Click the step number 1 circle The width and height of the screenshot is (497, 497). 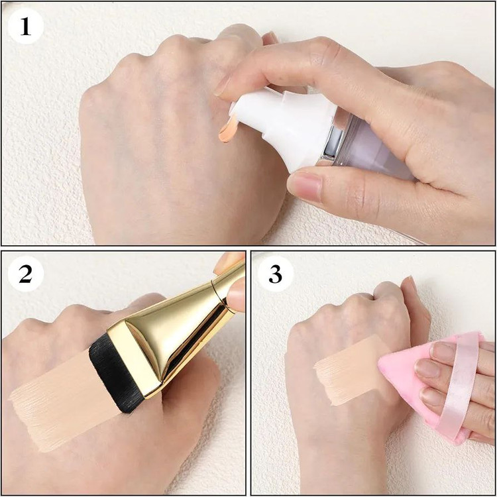pos(25,27)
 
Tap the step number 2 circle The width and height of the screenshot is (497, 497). pos(25,274)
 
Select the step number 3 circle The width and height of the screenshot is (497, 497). pos(275,274)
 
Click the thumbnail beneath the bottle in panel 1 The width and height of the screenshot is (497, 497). pos(305,185)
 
